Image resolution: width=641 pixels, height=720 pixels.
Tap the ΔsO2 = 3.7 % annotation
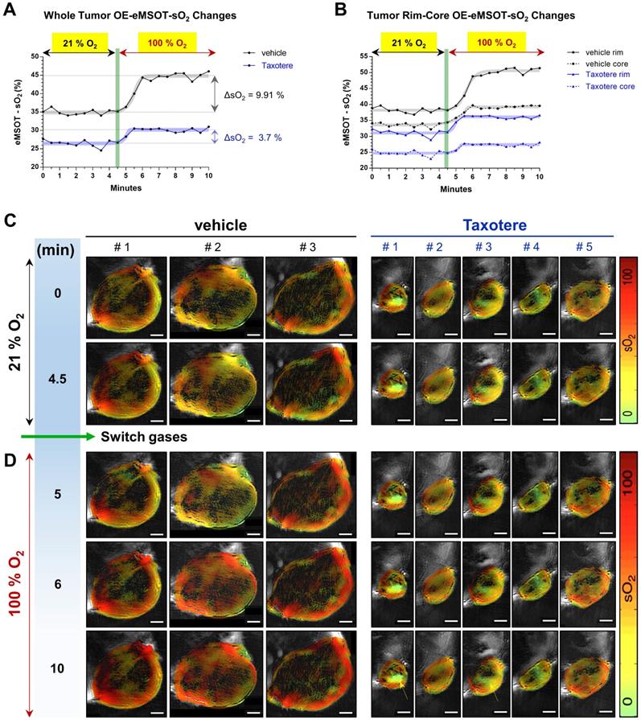click(x=252, y=138)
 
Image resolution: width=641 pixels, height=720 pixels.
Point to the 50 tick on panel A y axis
click(x=34, y=56)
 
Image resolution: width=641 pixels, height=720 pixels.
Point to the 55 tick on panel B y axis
click(x=363, y=56)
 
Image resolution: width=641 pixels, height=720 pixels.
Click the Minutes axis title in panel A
click(x=125, y=188)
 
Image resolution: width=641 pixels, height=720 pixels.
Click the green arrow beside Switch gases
click(x=56, y=436)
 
